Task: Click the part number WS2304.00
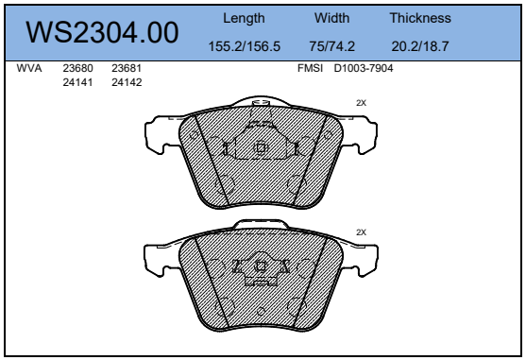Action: coord(102,32)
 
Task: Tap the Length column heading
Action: coord(244,19)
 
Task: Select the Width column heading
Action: coord(331,18)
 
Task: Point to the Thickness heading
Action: coord(420,18)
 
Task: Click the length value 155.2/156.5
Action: coord(245,46)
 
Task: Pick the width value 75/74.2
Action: coord(331,46)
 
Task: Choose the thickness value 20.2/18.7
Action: coord(420,46)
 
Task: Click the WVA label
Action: coord(29,68)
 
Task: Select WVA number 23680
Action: coord(77,68)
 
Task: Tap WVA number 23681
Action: coord(127,68)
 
